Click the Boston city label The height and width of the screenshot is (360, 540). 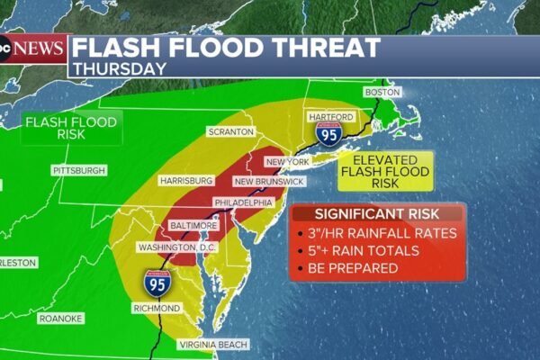pos(382,93)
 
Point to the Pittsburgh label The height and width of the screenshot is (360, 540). pos(79,170)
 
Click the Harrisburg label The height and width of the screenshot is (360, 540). pos(184,180)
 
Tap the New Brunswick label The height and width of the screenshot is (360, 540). pos(261,182)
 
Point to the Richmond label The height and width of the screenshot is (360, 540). pos(156,308)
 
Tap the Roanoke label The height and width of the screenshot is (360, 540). pos(60,319)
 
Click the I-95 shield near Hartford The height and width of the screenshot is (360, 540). pos(328,136)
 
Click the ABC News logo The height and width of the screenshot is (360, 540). pos(34,47)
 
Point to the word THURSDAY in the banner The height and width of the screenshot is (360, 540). pos(120,67)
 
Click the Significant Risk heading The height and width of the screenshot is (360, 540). pos(378,214)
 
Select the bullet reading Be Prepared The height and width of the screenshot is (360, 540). pos(357,269)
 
